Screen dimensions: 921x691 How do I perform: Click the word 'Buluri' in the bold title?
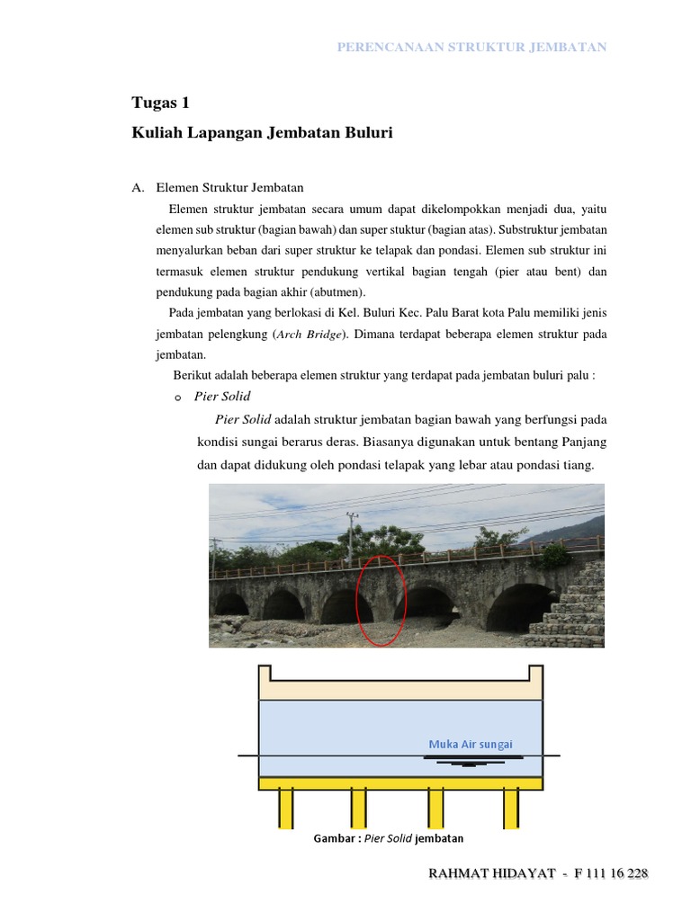coord(369,133)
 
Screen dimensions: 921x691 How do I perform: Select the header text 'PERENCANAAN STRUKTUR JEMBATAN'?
coord(471,47)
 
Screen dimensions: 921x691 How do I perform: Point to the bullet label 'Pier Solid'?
coord(222,396)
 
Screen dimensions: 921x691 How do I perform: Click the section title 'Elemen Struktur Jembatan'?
coord(229,187)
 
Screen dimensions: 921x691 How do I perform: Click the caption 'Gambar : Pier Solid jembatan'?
coord(388,838)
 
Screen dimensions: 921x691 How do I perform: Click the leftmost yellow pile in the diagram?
coord(285,808)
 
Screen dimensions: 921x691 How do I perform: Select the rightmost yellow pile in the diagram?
coord(513,808)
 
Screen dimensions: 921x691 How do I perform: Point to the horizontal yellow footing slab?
coord(400,783)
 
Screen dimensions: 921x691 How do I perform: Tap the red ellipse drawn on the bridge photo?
coord(381,600)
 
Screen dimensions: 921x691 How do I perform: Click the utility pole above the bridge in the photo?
coord(351,536)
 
